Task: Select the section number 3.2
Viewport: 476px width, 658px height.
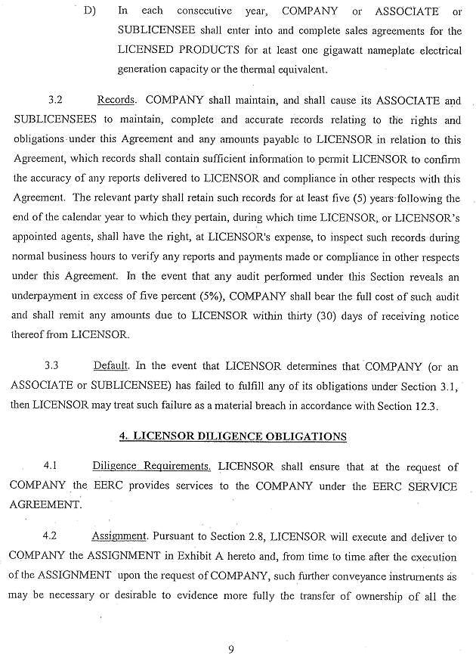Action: pyautogui.click(x=56, y=100)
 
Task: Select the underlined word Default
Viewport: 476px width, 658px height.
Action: pyautogui.click(x=110, y=365)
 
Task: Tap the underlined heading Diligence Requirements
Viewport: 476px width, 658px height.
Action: pyautogui.click(x=151, y=466)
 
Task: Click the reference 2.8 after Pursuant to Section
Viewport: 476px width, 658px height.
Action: pyautogui.click(x=254, y=535)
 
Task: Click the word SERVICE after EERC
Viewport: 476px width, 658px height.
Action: pyautogui.click(x=428, y=486)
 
